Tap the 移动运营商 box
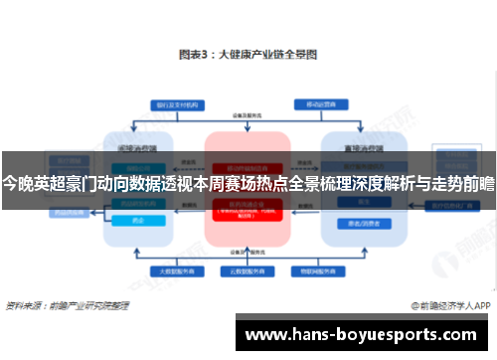click(321, 102)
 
